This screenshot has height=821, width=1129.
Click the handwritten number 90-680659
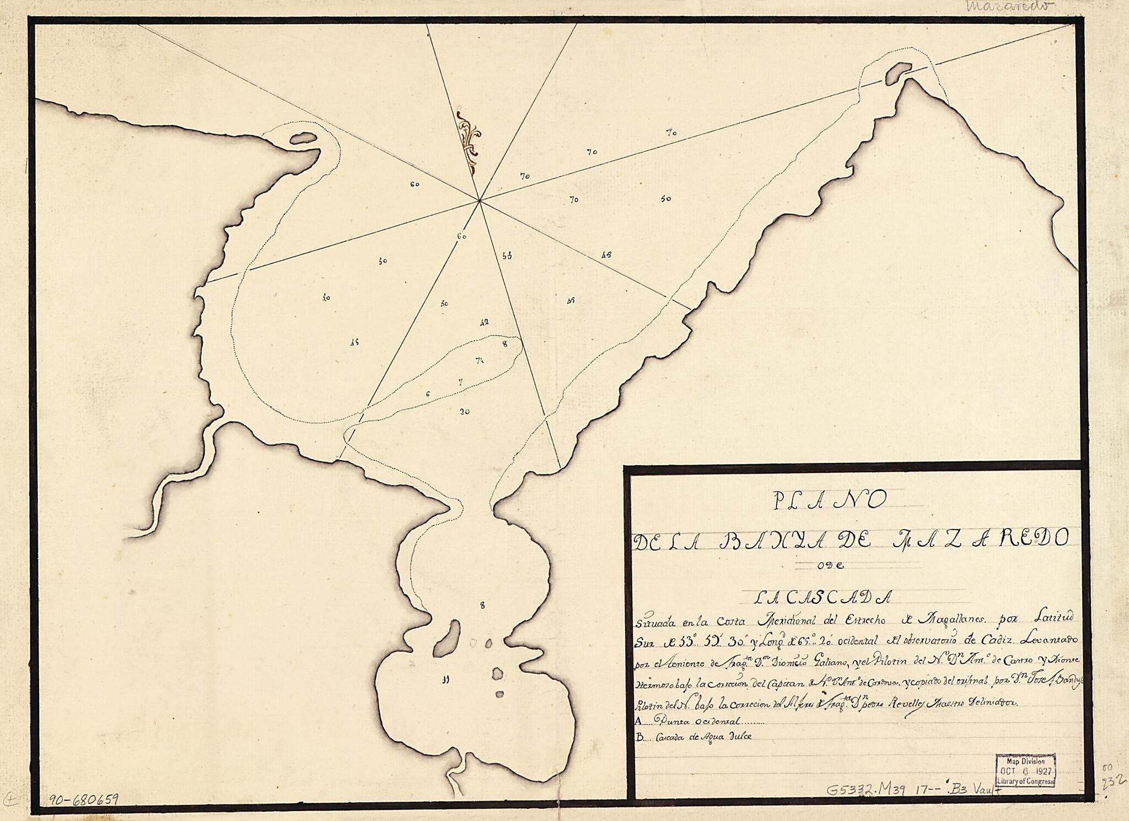(x=83, y=800)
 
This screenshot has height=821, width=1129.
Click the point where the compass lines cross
(x=480, y=201)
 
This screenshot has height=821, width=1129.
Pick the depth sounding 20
(x=464, y=411)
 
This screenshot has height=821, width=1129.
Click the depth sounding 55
(x=507, y=256)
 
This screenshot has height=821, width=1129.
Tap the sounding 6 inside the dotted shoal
(x=427, y=394)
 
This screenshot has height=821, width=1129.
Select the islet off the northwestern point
(x=303, y=138)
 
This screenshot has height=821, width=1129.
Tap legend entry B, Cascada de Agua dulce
(x=695, y=736)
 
